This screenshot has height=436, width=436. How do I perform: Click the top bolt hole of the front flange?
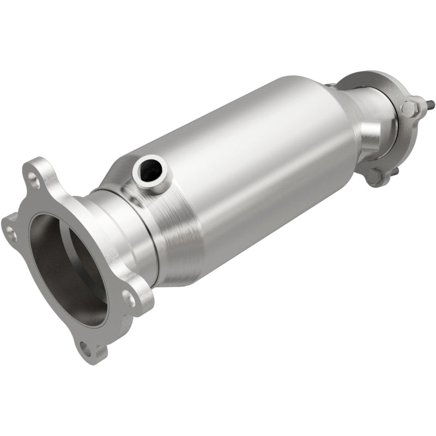(x=34, y=178)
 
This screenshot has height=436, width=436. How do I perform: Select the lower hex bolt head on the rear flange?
(x=374, y=175)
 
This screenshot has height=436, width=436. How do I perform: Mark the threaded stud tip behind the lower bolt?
(x=396, y=171)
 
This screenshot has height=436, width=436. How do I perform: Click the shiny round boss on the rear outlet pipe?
(x=370, y=131)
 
